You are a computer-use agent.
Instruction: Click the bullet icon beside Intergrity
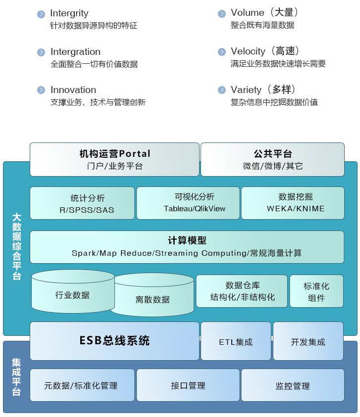[41, 14]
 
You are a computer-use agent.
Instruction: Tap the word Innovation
[73, 90]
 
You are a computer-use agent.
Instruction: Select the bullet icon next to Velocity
[222, 52]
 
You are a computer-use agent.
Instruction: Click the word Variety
[246, 90]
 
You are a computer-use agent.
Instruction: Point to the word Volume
[248, 13]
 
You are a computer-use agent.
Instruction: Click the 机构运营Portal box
[114, 159]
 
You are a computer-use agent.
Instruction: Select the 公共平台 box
[272, 159]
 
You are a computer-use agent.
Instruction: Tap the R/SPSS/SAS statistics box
[82, 203]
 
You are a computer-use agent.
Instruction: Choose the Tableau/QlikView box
[188, 203]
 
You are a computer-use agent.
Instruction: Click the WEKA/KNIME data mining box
[293, 203]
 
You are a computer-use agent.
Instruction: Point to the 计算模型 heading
[187, 241]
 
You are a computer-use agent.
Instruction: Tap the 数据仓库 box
[242, 291]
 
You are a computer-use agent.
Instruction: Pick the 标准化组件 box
[316, 291]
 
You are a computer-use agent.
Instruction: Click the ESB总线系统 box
[114, 341]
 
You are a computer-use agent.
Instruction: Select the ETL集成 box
[236, 341]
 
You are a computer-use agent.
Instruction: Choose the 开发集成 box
[308, 341]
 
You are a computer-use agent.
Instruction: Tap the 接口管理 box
[188, 385]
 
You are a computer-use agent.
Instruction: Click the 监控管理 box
[293, 385]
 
